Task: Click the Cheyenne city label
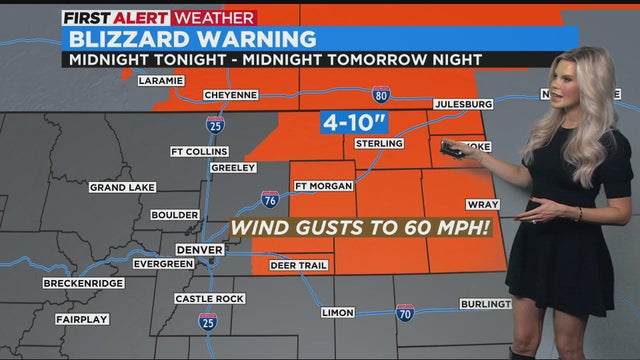pyautogui.click(x=230, y=95)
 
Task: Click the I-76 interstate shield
pyautogui.click(x=270, y=198)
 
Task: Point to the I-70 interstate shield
pyautogui.click(x=405, y=313)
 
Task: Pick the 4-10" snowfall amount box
pyautogui.click(x=352, y=122)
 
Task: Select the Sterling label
pyautogui.click(x=380, y=144)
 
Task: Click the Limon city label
pyautogui.click(x=338, y=312)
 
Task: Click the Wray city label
pyautogui.click(x=482, y=204)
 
